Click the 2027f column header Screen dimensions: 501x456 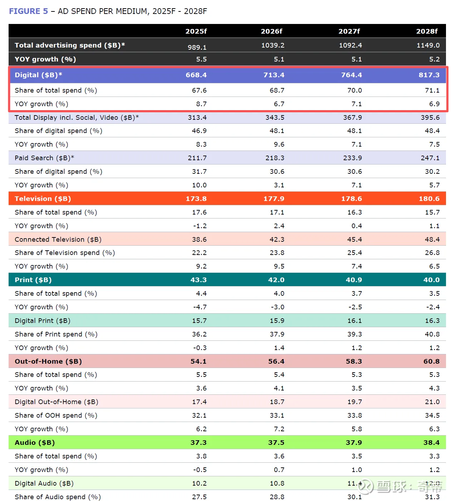tap(349, 31)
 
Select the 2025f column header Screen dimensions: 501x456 tap(196, 31)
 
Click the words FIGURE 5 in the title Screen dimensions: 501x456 tap(28, 11)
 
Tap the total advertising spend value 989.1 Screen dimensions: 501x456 tap(197, 47)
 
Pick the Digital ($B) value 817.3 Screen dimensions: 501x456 tap(429, 75)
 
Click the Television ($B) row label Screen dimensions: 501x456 tap(43, 198)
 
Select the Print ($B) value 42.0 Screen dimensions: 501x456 tap(276, 280)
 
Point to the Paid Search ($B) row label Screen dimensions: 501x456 tap(44, 158)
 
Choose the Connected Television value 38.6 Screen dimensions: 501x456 tap(199, 239)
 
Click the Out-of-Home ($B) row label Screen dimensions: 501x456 tap(48, 361)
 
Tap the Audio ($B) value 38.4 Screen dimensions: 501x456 tap(431, 442)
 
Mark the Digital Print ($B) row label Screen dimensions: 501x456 tap(43, 320)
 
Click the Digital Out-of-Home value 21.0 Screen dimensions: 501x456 tap(432, 402)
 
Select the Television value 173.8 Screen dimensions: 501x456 tap(196, 198)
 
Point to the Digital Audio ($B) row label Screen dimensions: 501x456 tap(44, 483)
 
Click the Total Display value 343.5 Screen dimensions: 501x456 tap(275, 117)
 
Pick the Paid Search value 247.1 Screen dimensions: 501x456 tap(430, 158)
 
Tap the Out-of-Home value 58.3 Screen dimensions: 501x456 tap(354, 361)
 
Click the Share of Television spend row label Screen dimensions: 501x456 tap(65, 252)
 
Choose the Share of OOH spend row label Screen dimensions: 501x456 tap(56, 415)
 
